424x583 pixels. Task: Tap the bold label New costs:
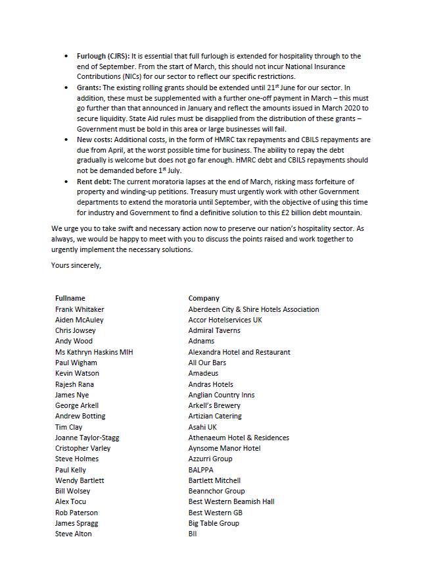coord(95,139)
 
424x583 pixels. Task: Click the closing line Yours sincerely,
coord(76,265)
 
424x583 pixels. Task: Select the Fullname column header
coord(70,298)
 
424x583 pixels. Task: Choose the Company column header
coord(204,298)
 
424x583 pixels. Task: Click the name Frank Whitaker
coord(80,309)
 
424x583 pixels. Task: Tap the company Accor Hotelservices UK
coord(225,320)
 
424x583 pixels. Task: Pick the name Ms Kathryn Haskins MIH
coord(94,352)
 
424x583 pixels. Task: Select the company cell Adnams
coord(201,341)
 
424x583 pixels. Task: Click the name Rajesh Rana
coord(74,384)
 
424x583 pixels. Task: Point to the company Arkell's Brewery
coord(214,405)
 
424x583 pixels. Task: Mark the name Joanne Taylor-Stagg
coord(87,438)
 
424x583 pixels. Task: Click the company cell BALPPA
coord(201,470)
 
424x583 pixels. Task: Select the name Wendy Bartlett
coord(80,480)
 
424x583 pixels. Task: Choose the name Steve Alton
coord(74,534)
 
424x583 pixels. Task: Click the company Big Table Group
coord(214,523)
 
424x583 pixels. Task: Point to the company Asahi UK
coord(202,427)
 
